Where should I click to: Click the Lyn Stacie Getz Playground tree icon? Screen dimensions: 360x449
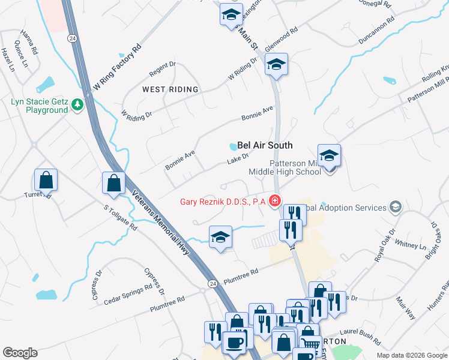click(77, 106)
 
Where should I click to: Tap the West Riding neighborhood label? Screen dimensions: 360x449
click(170, 89)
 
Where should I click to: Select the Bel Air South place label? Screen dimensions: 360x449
click(265, 145)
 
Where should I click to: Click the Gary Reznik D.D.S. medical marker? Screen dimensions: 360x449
click(275, 201)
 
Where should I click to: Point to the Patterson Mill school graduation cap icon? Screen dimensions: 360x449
click(329, 157)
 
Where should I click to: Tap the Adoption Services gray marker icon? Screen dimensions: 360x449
click(395, 208)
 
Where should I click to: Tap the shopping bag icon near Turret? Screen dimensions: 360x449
click(46, 179)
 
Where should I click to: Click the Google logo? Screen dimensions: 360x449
click(20, 353)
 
